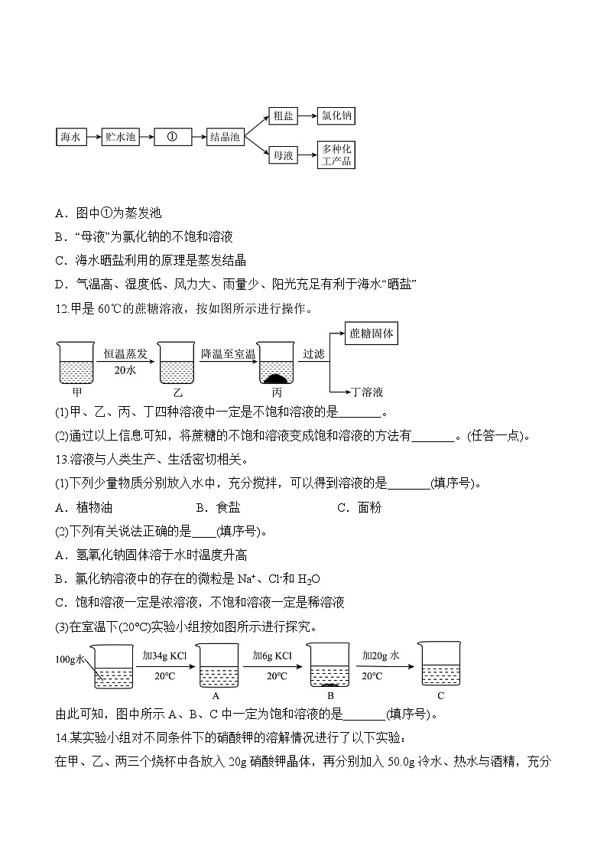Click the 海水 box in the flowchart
point(70,137)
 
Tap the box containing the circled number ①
point(171,137)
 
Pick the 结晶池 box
point(225,137)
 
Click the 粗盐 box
point(282,116)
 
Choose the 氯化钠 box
point(336,116)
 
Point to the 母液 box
point(282,155)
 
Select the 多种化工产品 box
point(336,155)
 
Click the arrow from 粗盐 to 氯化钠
point(307,116)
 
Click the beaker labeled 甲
point(76,363)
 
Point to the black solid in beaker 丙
point(275,378)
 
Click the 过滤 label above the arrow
point(313,353)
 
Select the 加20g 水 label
point(381,656)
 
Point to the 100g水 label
point(71,659)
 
